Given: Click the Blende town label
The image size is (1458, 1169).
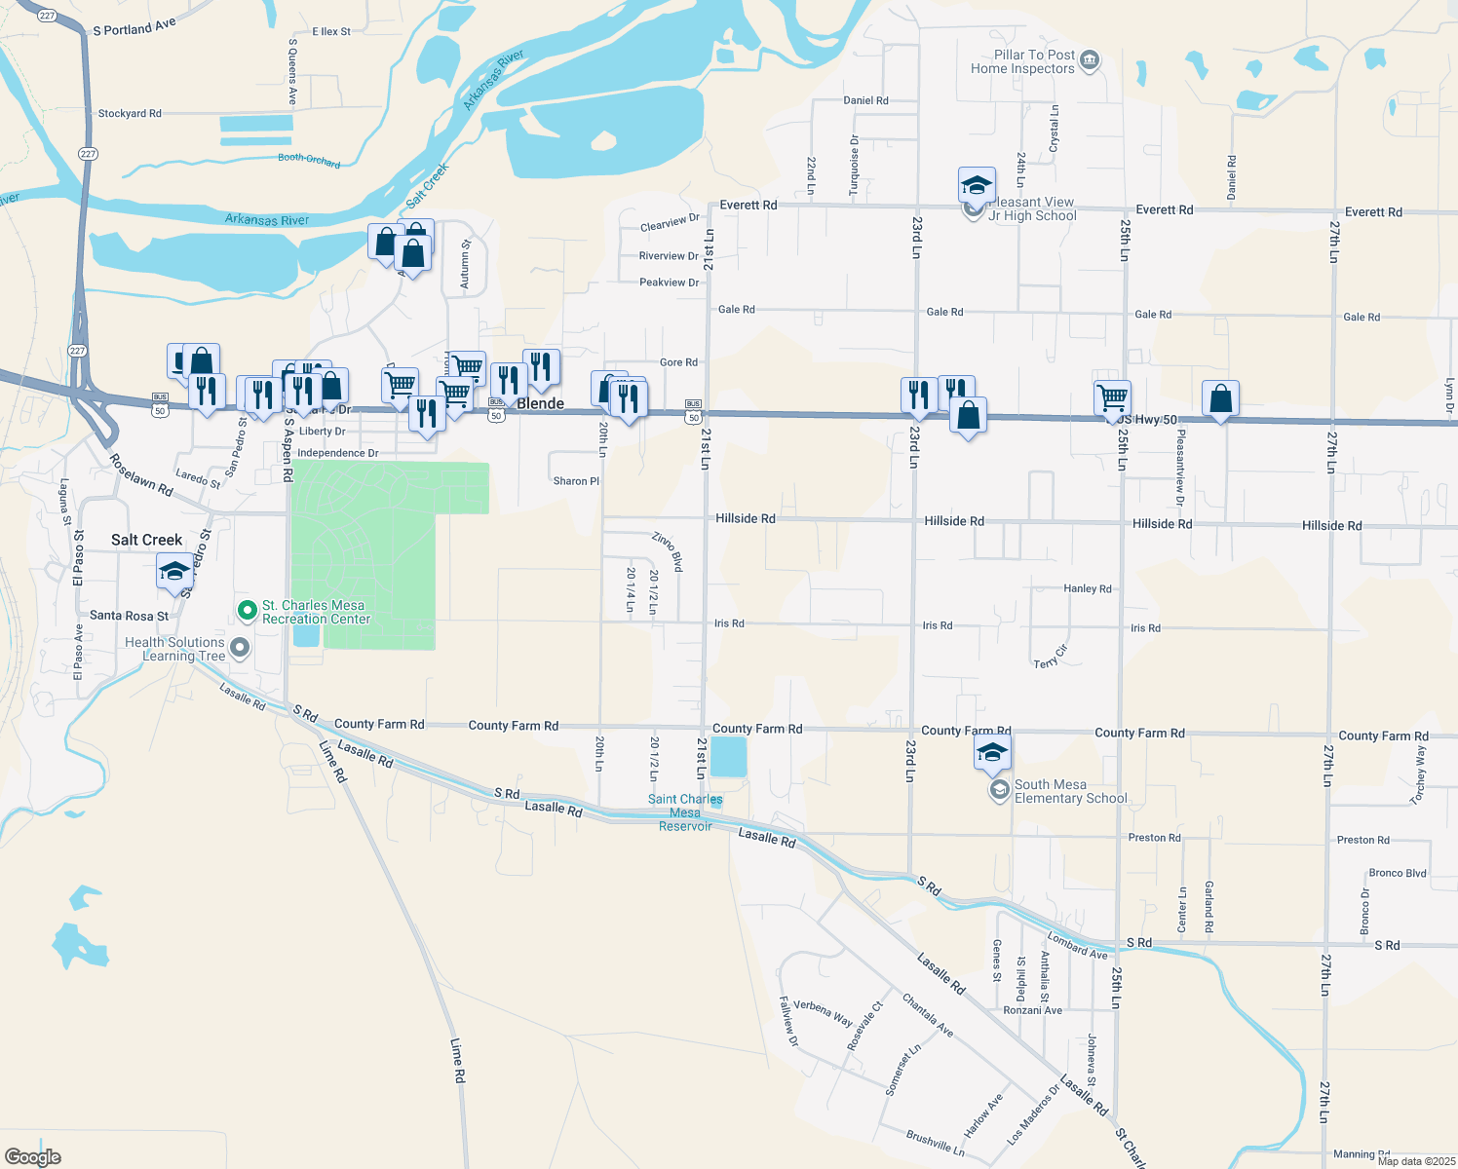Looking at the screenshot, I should click(540, 403).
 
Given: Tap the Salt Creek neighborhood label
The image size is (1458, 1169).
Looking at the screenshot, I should click(146, 540).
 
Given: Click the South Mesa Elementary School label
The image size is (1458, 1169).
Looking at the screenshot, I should click(1070, 791).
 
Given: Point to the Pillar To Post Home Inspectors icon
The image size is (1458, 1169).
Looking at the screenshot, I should click(1090, 61).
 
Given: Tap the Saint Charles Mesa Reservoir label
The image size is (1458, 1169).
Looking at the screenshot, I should click(685, 812).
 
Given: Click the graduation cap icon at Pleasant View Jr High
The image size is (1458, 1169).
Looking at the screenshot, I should click(977, 184).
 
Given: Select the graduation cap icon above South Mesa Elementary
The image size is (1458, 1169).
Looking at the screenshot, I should click(992, 752).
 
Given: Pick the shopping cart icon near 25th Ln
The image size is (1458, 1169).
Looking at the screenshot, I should click(1112, 397).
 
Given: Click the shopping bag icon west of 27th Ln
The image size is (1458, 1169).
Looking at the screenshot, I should click(1220, 398).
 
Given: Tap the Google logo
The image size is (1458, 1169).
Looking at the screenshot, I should click(32, 1156).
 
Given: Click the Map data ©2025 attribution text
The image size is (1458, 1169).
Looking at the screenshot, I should click(1416, 1161).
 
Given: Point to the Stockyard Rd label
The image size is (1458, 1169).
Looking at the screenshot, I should click(130, 114).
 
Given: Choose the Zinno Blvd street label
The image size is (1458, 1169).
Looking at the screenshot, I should click(668, 551).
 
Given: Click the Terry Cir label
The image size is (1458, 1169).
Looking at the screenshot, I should click(1051, 658).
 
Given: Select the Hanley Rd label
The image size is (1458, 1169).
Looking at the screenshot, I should click(1087, 588).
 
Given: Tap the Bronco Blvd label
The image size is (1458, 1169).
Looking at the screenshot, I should click(1397, 873).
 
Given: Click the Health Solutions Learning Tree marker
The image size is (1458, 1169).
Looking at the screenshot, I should click(240, 648).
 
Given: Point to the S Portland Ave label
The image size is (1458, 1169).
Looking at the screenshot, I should click(134, 26).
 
